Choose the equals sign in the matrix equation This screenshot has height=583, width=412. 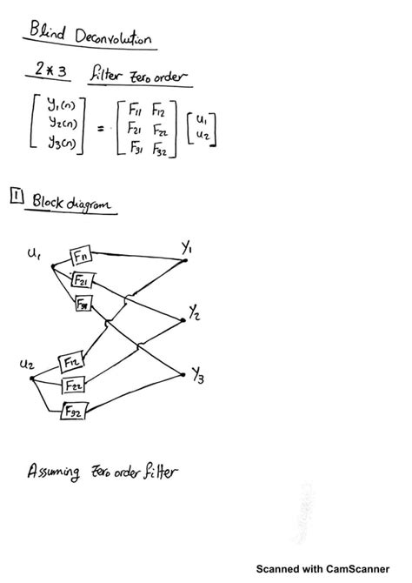point(101,129)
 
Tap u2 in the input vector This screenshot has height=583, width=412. point(202,136)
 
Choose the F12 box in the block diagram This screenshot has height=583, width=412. point(70,360)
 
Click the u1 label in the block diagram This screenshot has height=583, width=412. point(34,254)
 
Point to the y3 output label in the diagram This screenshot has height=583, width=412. point(199,376)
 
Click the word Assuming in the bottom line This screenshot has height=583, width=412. point(55,473)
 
